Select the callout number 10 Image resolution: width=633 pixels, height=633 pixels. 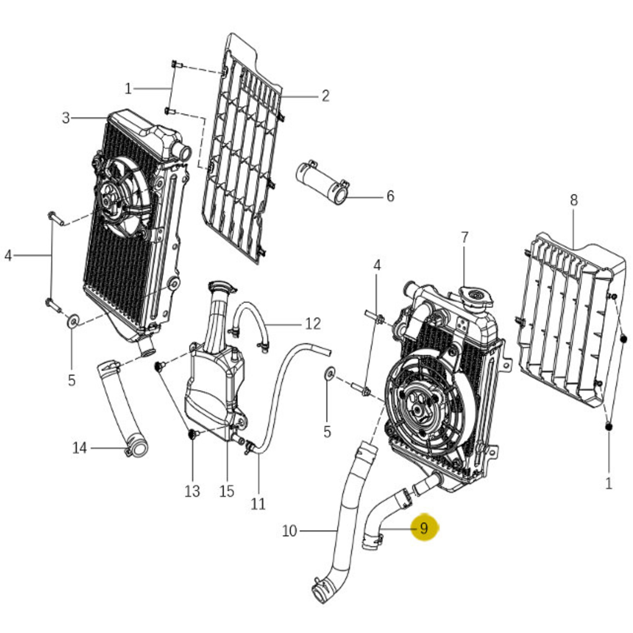(x=289, y=531)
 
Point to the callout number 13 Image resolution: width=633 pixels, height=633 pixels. (x=192, y=491)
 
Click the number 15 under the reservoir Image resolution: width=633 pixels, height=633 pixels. (x=226, y=491)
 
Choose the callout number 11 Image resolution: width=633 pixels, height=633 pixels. (x=258, y=503)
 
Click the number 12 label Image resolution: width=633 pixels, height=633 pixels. (x=313, y=324)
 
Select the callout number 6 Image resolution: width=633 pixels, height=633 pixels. (x=390, y=196)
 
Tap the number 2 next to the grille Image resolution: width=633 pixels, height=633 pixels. (x=325, y=95)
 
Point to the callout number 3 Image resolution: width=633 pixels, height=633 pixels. (x=66, y=118)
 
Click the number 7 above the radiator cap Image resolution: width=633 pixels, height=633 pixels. (x=464, y=238)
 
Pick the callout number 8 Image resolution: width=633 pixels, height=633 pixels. (x=573, y=200)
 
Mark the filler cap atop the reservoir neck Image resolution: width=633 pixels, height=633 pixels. (x=221, y=286)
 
